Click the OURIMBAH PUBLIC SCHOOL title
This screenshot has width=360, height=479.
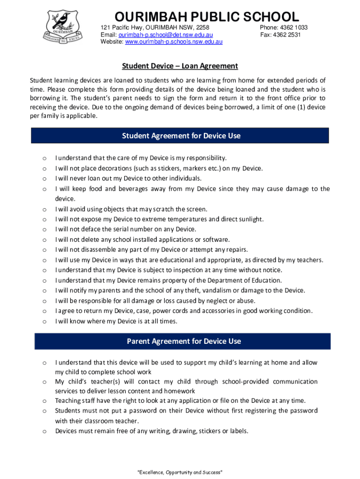(207, 17)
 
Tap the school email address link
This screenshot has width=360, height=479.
(166, 35)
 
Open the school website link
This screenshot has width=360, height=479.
(173, 42)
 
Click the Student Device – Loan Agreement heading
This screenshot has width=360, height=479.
(180, 66)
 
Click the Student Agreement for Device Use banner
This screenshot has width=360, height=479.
(180, 136)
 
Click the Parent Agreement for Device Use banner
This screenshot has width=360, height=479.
(183, 341)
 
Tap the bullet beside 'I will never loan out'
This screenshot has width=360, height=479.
(44, 179)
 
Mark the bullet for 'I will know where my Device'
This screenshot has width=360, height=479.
(44, 321)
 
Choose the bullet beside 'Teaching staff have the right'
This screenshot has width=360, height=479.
(44, 401)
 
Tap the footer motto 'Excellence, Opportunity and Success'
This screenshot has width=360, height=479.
(180, 472)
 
